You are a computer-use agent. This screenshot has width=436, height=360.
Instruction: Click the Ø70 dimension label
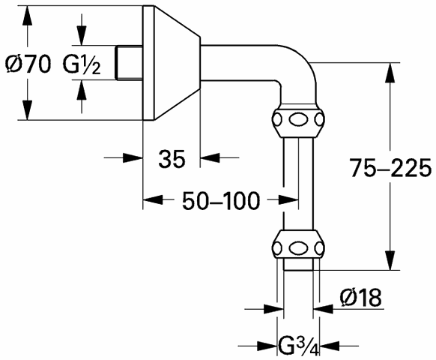28,64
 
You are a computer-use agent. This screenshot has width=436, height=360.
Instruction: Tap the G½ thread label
81,64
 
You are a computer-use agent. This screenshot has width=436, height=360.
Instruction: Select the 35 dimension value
172,159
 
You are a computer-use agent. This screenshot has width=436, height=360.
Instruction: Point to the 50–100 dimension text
221,200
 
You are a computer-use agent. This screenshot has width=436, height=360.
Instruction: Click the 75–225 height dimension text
390,168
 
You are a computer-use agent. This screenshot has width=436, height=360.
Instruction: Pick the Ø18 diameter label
360,297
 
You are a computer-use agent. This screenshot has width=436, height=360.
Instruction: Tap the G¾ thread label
299,346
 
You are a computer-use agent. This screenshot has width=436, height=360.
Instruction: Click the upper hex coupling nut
298,120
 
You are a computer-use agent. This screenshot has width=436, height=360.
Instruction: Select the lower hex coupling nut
298,247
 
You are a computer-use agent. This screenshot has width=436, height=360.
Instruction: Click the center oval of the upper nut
298,120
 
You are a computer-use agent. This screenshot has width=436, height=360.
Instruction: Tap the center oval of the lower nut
298,247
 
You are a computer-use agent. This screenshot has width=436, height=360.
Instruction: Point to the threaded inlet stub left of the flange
129,63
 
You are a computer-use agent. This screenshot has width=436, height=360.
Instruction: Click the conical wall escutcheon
172,63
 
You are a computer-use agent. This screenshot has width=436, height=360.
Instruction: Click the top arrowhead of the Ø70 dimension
27,15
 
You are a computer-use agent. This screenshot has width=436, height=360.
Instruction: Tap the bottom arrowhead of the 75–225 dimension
390,260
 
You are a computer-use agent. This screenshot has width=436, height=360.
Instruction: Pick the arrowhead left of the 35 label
133,157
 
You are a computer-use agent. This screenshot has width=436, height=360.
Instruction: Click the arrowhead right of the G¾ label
330,346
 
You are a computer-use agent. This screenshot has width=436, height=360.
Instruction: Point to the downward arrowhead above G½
82,35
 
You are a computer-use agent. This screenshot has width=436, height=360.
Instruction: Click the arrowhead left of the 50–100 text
153,199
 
